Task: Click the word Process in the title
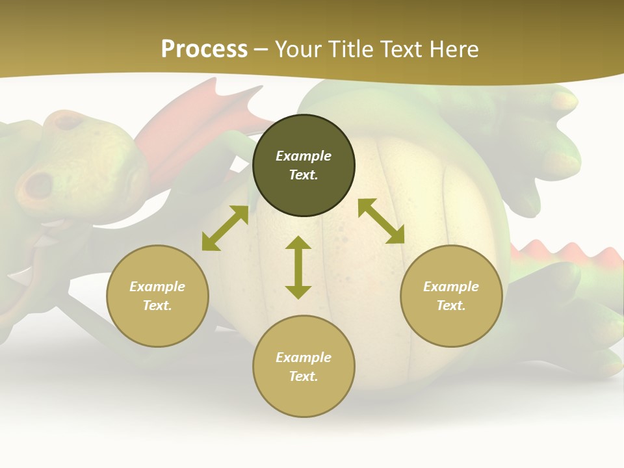click(x=204, y=49)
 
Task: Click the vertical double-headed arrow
click(x=298, y=267)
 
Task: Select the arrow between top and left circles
click(x=225, y=228)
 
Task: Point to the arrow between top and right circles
click(x=381, y=221)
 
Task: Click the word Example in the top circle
click(x=304, y=156)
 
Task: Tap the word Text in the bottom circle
click(x=304, y=376)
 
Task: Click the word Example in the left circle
click(x=157, y=287)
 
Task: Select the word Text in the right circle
click(x=451, y=305)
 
